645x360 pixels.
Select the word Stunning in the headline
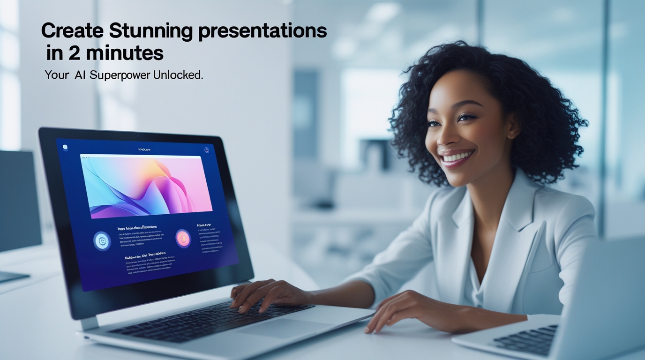[150, 31]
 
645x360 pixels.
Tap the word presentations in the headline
[262, 31]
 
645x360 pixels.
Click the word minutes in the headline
[125, 53]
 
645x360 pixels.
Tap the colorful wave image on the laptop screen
[146, 186]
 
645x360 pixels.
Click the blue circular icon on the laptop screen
[102, 241]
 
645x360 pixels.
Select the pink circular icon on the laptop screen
[183, 239]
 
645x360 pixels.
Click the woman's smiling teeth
[456, 157]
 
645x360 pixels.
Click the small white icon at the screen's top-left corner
[65, 147]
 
